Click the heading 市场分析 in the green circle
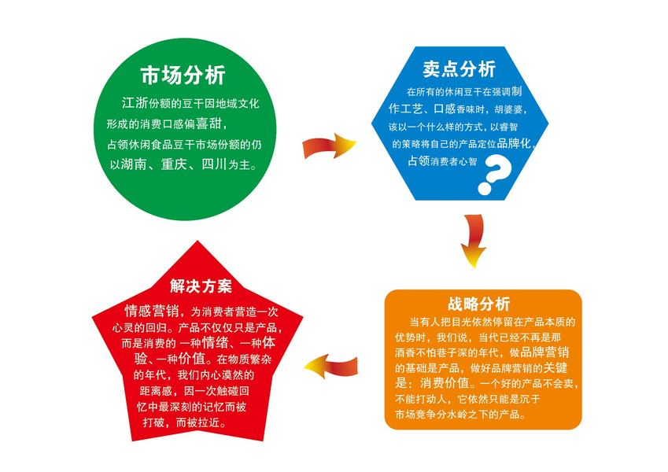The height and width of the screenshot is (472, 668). (183, 76)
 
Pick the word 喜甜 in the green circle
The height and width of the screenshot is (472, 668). (212, 124)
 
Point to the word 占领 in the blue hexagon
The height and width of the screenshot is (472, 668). (418, 161)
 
